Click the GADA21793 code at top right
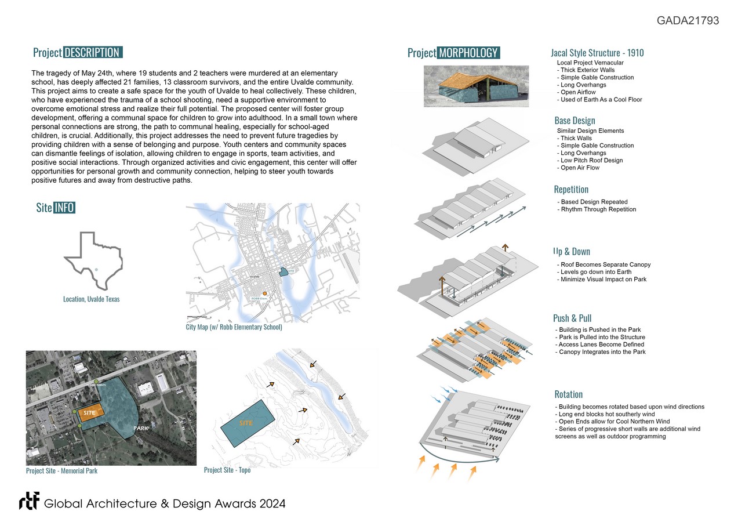pyautogui.click(x=688, y=21)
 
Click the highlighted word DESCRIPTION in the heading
pyautogui.click(x=92, y=53)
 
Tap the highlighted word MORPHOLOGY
pyautogui.click(x=468, y=53)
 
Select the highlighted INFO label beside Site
pyautogui.click(x=64, y=208)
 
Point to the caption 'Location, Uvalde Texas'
pyautogui.click(x=91, y=299)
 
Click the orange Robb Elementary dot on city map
pyautogui.click(x=264, y=294)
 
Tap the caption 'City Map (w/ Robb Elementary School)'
pyautogui.click(x=234, y=327)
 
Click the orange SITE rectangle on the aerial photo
pyautogui.click(x=91, y=411)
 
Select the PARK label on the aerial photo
pyautogui.click(x=141, y=428)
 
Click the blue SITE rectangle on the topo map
pyautogui.click(x=247, y=423)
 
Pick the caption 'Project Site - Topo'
pyautogui.click(x=227, y=470)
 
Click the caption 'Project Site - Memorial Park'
pyautogui.click(x=61, y=470)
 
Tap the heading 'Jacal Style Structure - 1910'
pyautogui.click(x=597, y=53)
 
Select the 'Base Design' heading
pyautogui.click(x=575, y=121)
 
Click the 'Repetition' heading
pyautogui.click(x=571, y=190)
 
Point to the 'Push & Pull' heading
pyautogui.click(x=572, y=318)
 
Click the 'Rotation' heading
pyautogui.click(x=568, y=394)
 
